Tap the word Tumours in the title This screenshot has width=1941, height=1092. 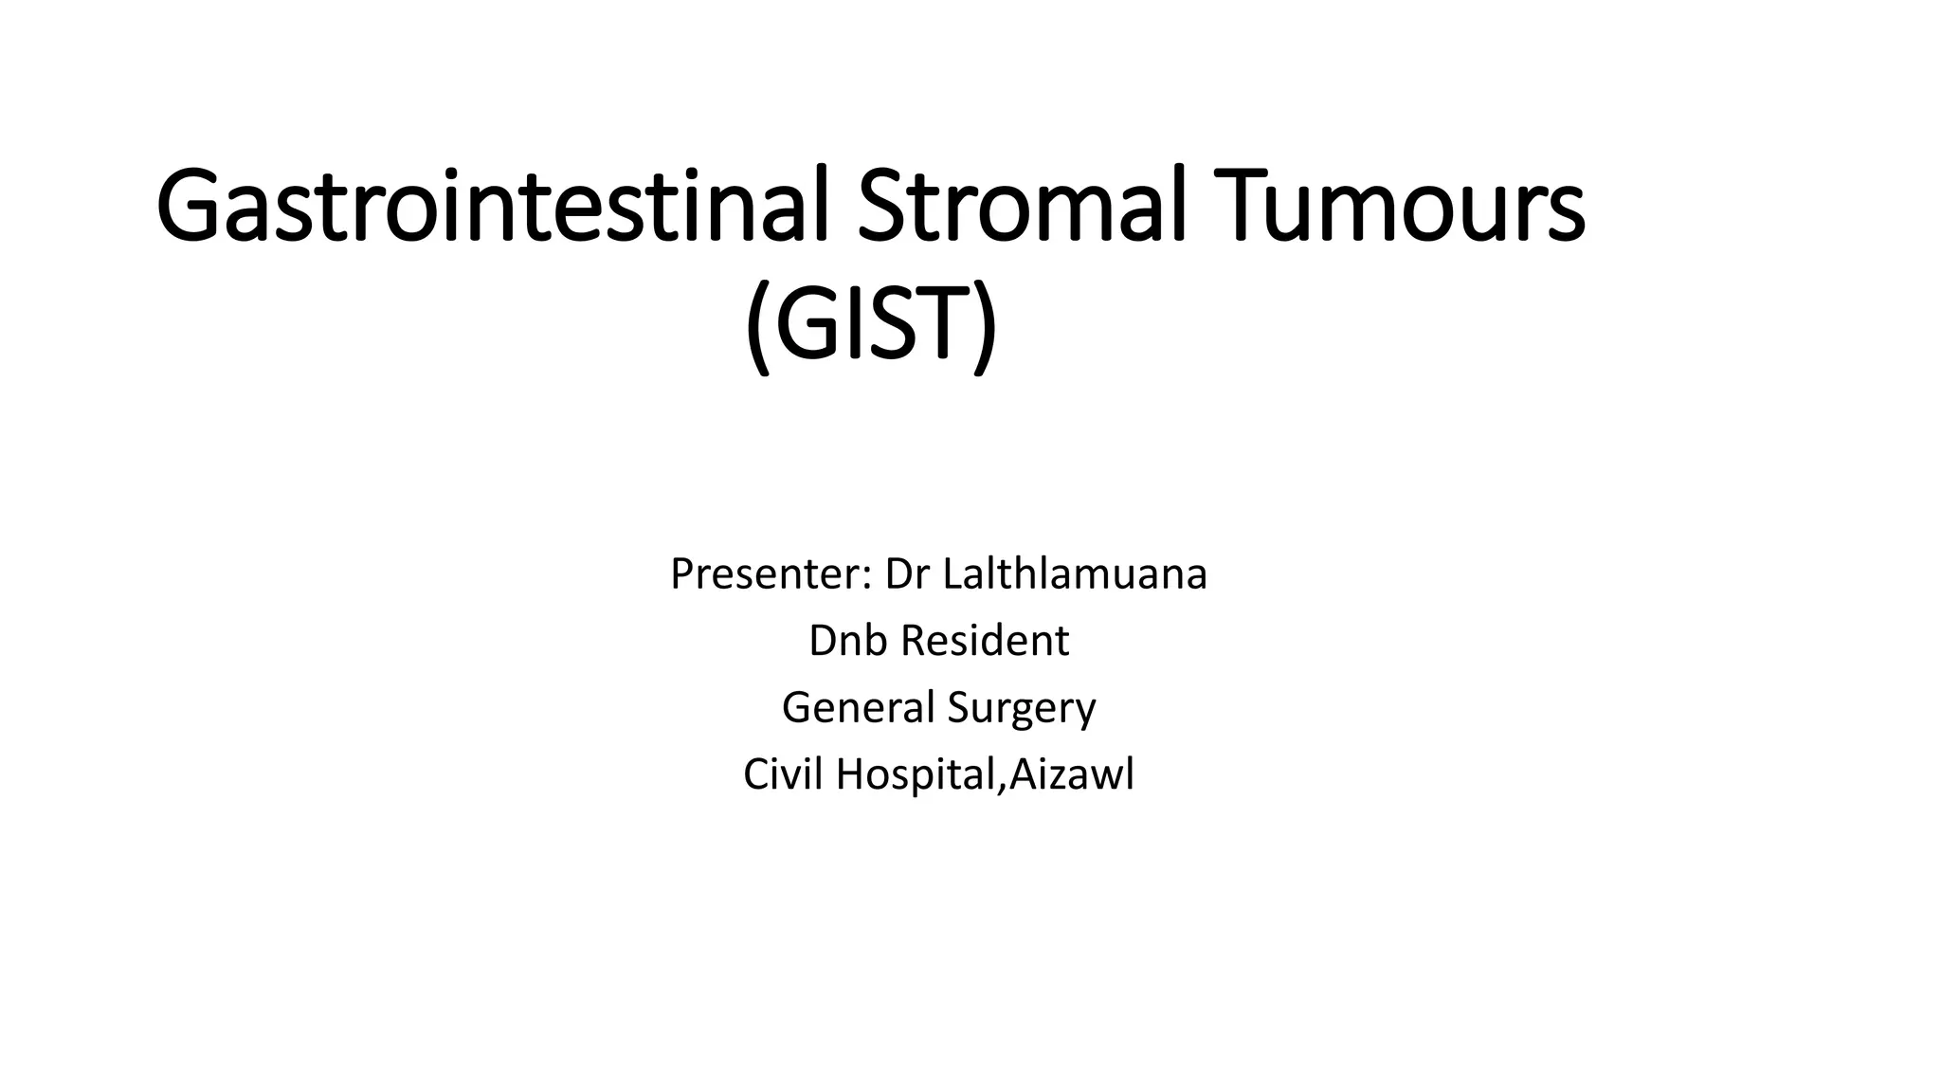[x=1397, y=205]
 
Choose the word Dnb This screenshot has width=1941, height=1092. [x=848, y=641]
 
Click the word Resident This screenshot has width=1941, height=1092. [x=985, y=641]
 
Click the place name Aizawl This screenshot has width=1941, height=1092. [x=1071, y=774]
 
